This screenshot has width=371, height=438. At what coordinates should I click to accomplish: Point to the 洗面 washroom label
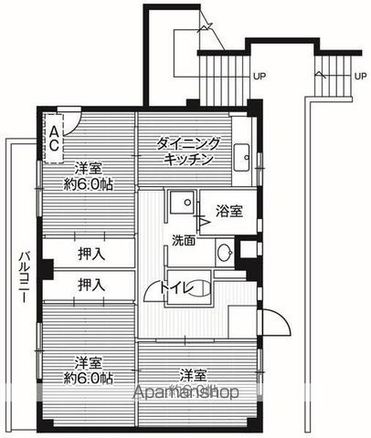183,241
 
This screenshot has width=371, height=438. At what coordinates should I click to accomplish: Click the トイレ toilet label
179,289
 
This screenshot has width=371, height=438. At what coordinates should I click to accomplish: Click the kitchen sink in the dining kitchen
242,155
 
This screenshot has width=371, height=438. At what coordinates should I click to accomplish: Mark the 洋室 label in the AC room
88,168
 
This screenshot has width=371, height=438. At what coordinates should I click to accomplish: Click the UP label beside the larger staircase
260,76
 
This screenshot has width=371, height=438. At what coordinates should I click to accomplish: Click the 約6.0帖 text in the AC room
88,184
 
